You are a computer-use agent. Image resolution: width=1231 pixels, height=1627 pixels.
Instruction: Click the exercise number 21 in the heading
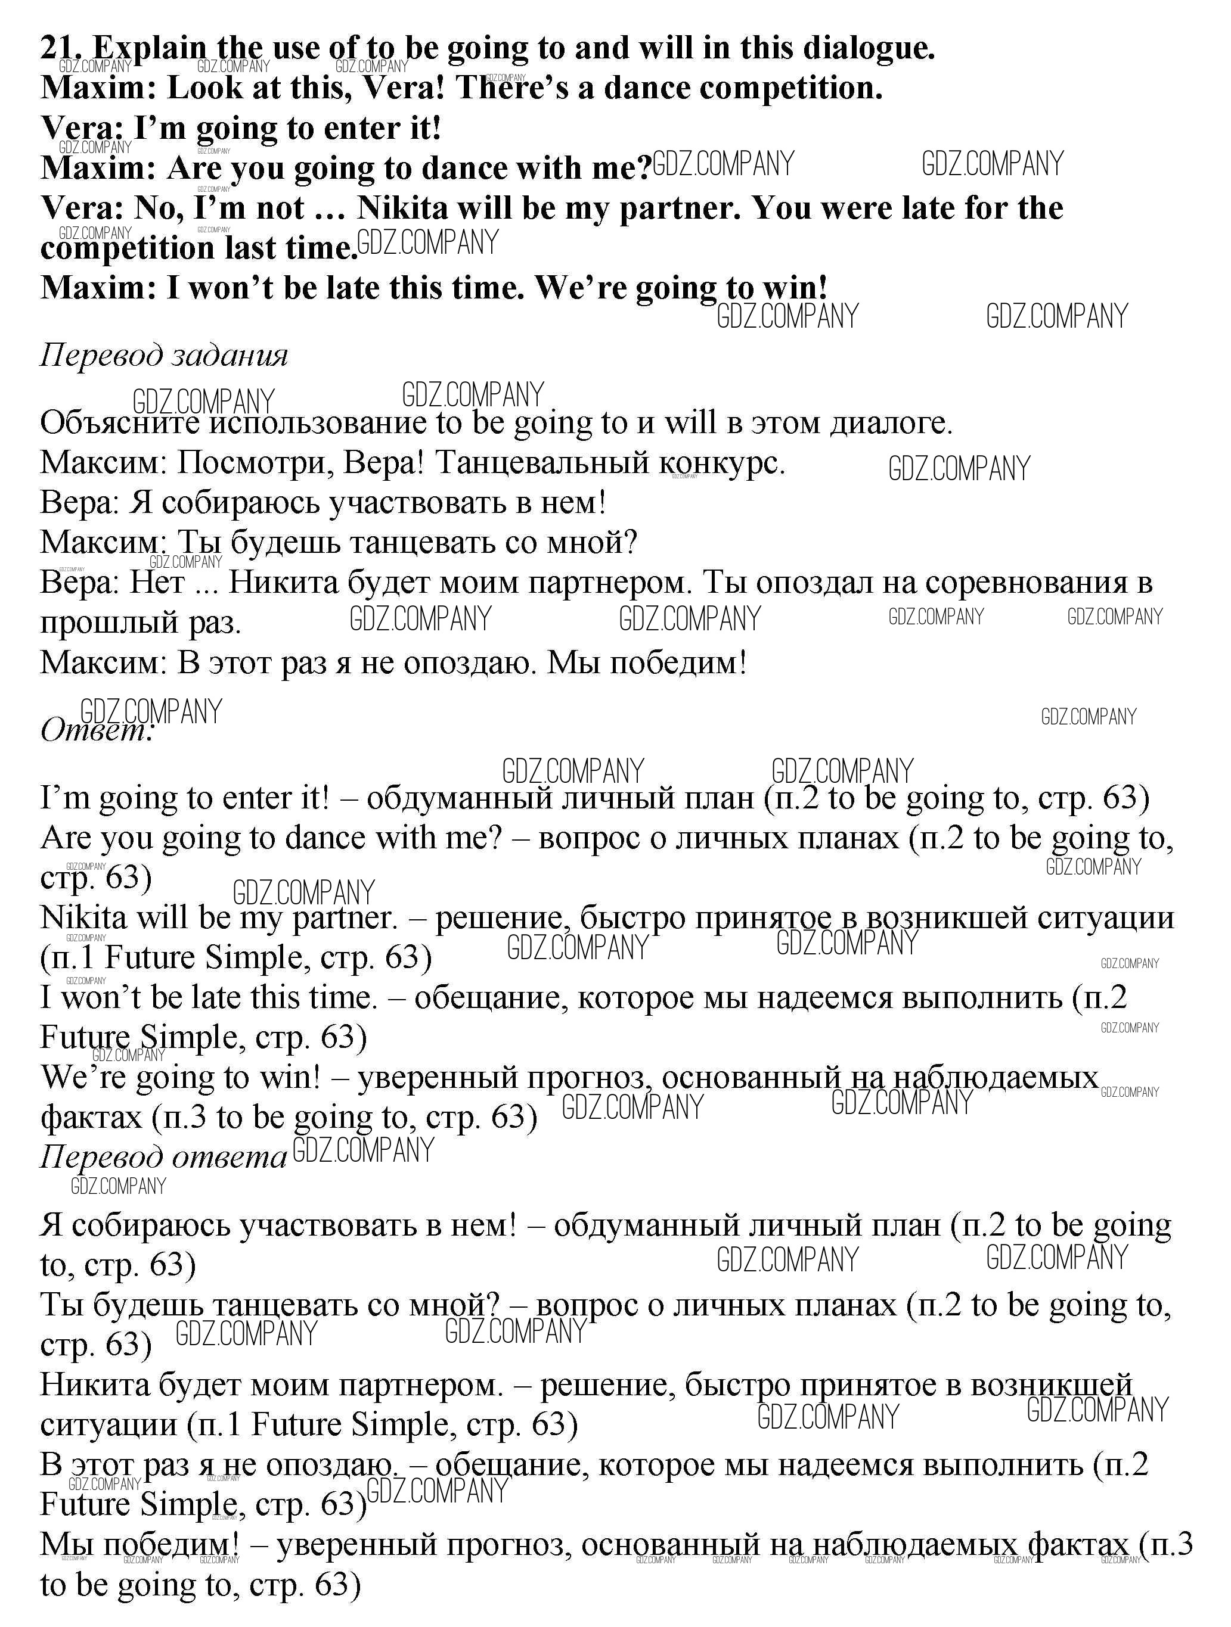(x=60, y=48)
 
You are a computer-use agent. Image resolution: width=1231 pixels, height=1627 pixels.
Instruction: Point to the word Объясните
(x=120, y=424)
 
